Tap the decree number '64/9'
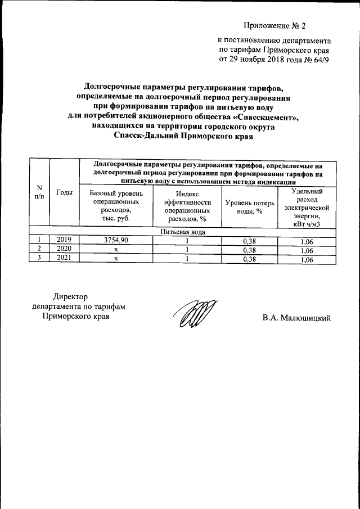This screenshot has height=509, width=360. click(x=318, y=60)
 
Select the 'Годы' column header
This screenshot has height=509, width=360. click(x=65, y=192)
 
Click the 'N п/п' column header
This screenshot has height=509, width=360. click(x=39, y=192)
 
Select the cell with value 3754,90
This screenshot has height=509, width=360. click(x=116, y=240)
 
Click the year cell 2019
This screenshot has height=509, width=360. click(x=65, y=240)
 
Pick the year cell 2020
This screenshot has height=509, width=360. click(x=65, y=249)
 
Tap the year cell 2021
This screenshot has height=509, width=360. click(x=65, y=259)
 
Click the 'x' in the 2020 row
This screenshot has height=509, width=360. click(x=116, y=249)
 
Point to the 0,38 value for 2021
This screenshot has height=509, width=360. click(x=248, y=259)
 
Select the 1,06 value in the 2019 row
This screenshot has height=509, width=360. click(x=307, y=240)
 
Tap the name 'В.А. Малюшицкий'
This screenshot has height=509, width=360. click(x=295, y=318)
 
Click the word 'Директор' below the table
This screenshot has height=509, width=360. click(x=71, y=296)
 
